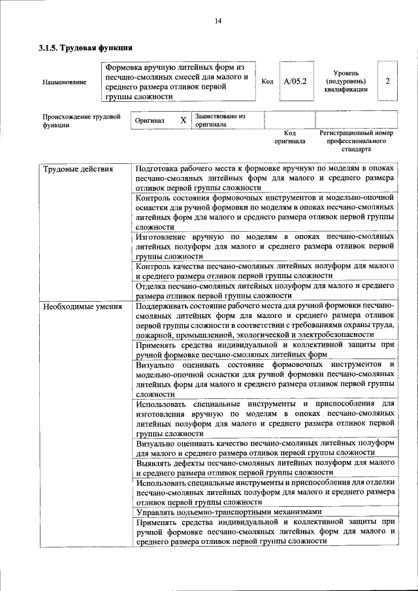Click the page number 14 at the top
coord(218,21)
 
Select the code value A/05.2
coord(295,82)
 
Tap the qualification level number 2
coord(388,82)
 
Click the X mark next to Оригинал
coord(184,121)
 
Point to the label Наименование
coord(63,82)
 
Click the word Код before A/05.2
coord(267,82)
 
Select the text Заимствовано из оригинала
coord(219,120)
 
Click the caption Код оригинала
coord(289,136)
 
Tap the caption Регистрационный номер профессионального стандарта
coord(357,140)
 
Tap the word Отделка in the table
coord(152,286)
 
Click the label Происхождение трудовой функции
coord(82,121)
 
